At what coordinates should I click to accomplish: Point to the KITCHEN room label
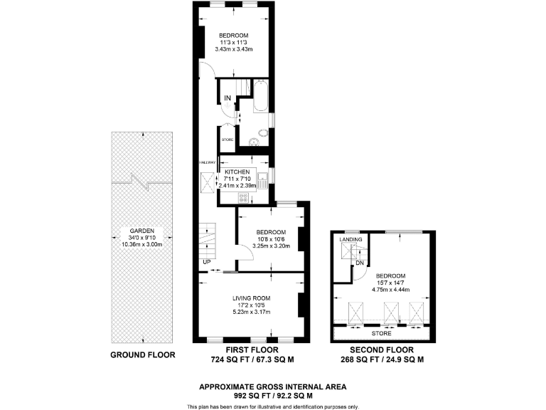237,173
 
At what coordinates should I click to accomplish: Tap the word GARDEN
142,231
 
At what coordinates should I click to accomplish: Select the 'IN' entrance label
227,98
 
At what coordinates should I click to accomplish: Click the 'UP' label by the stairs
207,262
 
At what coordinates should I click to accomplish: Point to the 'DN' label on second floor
360,263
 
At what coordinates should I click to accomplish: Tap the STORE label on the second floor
381,332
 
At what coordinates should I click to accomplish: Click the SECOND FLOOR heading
381,350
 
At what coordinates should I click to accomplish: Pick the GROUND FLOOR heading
142,354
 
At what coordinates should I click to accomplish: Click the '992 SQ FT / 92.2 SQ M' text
272,394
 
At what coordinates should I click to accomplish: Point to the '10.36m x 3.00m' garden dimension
142,246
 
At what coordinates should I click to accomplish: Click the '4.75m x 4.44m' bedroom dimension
390,290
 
